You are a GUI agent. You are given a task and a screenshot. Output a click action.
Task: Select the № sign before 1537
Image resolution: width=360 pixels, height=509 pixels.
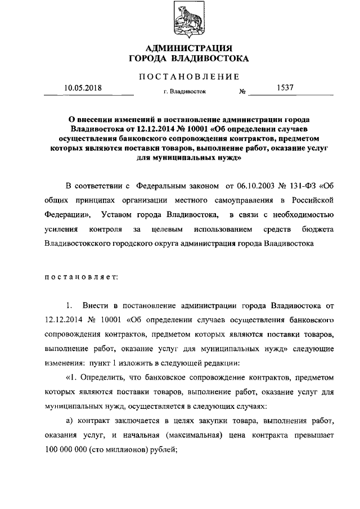(244, 91)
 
